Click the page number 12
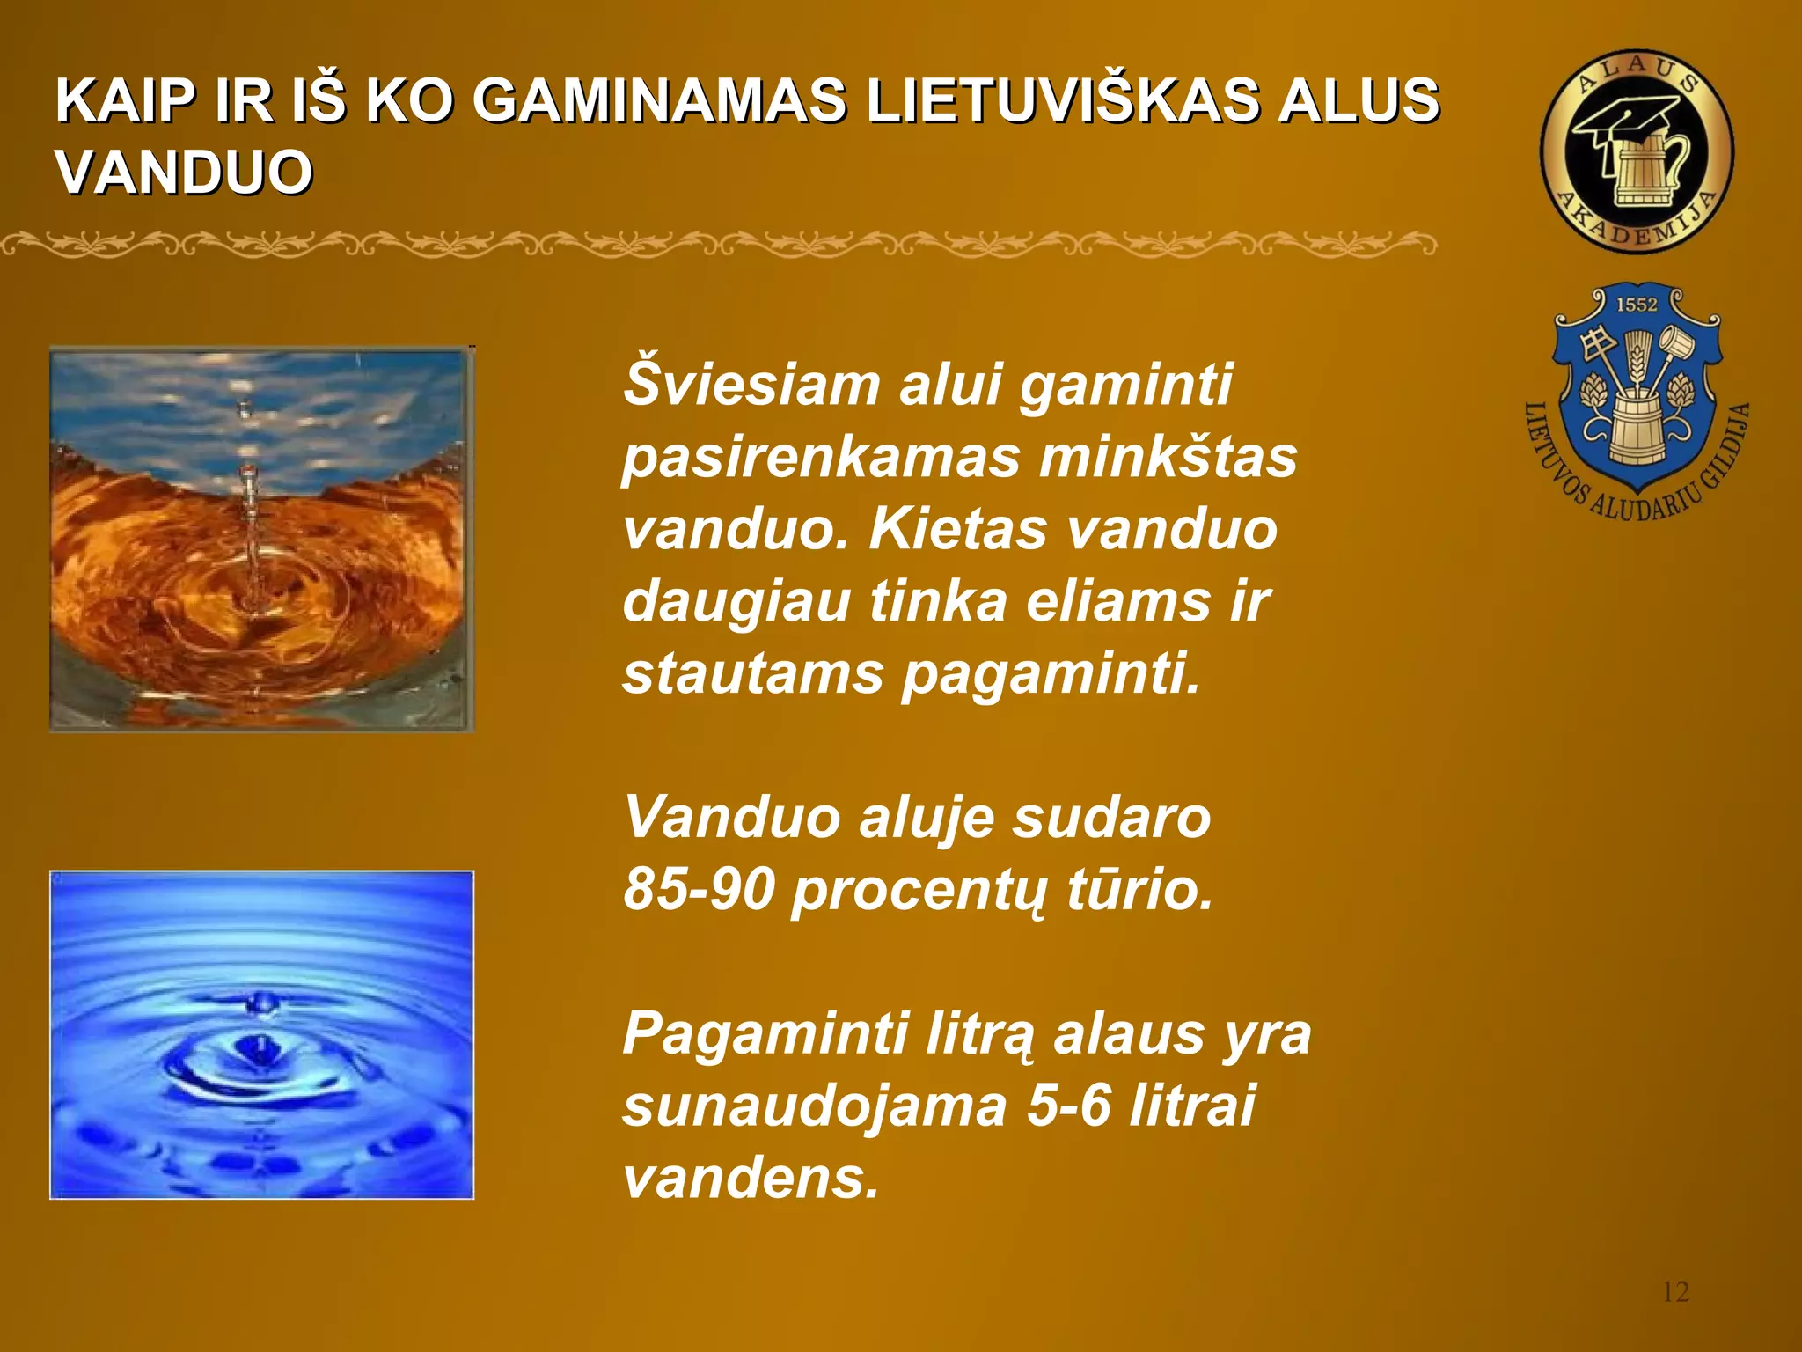[x=1675, y=1292]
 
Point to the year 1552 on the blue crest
[x=1637, y=305]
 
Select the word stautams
[x=753, y=674]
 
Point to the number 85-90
[x=700, y=890]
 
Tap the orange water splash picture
[x=261, y=539]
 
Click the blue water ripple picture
[x=261, y=1034]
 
